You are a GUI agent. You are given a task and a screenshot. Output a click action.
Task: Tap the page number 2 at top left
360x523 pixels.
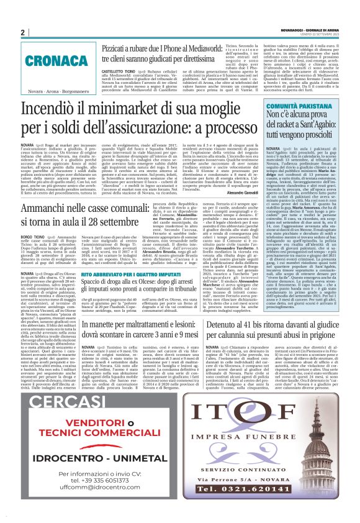click(23, 32)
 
